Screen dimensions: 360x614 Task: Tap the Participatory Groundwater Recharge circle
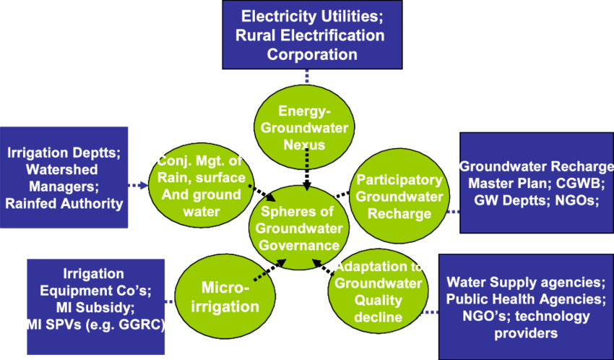pos(399,196)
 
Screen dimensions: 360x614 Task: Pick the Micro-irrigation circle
pos(225,297)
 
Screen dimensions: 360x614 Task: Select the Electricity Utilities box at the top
pos(312,35)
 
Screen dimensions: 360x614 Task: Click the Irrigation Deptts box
pos(64,178)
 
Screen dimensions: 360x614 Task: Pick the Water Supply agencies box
pos(525,307)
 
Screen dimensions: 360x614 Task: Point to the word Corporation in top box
pos(312,54)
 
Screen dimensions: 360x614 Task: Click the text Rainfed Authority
pos(64,203)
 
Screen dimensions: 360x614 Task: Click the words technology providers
pos(525,325)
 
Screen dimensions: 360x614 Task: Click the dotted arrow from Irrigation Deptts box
pos(138,185)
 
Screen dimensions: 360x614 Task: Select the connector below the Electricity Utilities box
pos(307,77)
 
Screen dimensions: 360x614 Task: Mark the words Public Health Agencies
pos(525,299)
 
